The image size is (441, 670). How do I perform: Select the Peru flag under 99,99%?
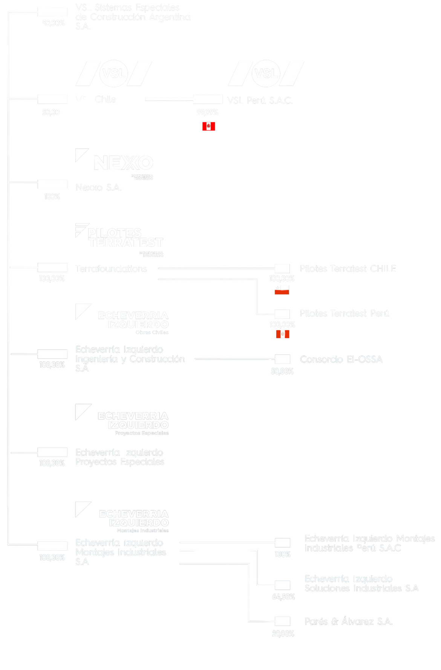(208, 126)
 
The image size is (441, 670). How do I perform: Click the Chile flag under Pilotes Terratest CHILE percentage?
(282, 289)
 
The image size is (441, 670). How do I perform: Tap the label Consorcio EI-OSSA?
(341, 359)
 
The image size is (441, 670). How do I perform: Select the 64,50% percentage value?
(283, 597)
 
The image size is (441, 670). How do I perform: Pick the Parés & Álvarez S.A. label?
(348, 621)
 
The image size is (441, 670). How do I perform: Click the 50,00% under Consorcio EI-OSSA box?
(282, 372)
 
